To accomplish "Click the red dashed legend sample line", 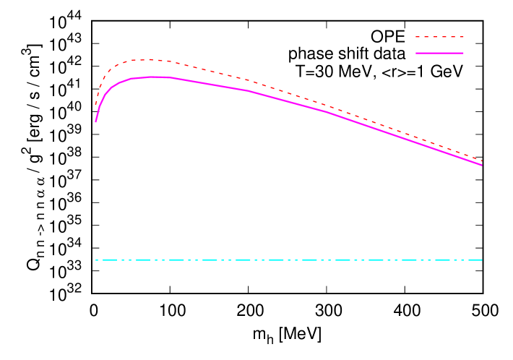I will coord(439,36).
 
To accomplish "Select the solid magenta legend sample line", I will coord(439,53).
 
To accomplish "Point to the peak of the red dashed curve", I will coord(145,59).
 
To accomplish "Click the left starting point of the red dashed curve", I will coord(95,106).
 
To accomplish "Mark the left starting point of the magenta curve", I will coord(95,121).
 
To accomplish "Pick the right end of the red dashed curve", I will coord(481,160).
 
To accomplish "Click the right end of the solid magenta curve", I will coord(481,165).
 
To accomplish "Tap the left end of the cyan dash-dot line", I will coord(95,260).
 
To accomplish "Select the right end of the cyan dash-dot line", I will coord(481,260).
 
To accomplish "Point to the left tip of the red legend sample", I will coord(416,36).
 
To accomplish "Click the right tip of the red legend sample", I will coord(463,36).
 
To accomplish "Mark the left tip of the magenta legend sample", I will coord(416,53).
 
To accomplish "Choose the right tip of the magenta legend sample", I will coord(463,53).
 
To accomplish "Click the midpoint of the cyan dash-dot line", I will coord(288,260).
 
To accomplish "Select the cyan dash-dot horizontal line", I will coord(217,260).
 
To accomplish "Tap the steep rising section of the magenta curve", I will coord(100,103).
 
